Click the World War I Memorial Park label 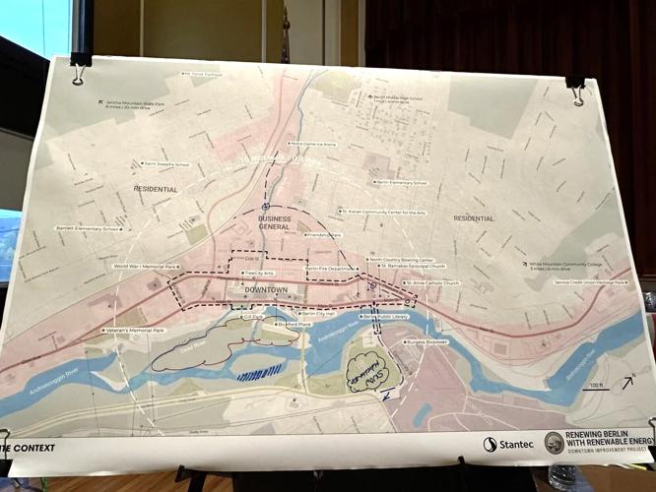(145, 267)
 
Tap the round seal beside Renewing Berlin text (555, 443)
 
